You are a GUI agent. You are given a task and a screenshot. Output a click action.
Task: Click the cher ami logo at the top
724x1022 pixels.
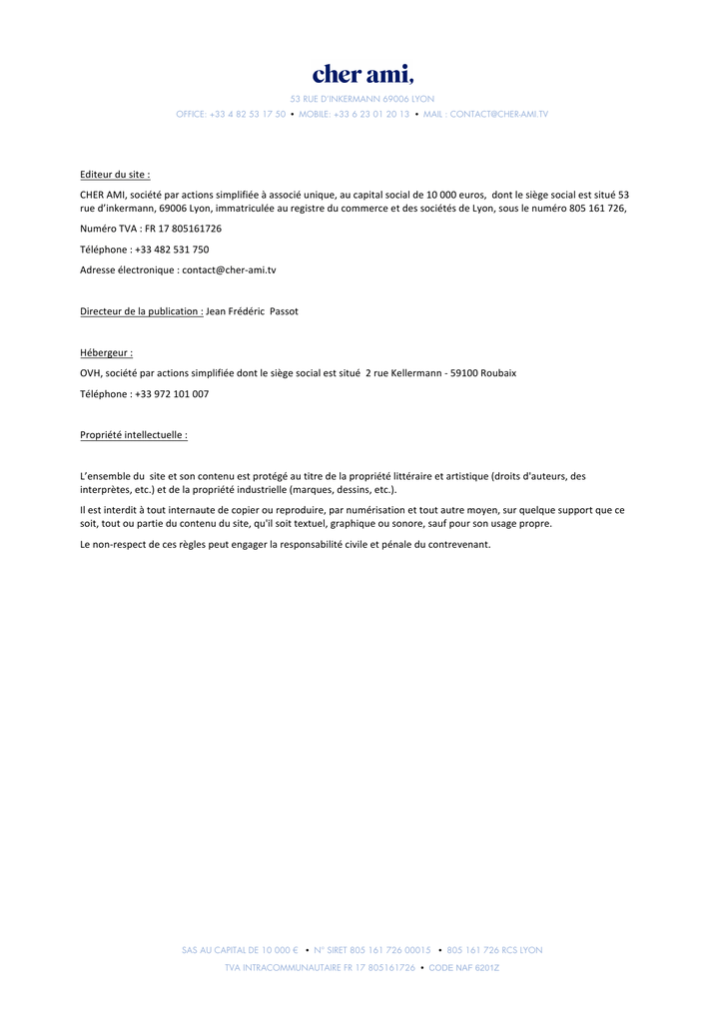pos(362,75)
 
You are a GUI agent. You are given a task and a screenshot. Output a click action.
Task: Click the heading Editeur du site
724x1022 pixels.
pos(115,174)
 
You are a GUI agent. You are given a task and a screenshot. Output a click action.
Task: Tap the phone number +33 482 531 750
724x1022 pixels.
pos(172,250)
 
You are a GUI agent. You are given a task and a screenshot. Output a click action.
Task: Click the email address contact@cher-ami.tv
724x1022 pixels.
pos(229,269)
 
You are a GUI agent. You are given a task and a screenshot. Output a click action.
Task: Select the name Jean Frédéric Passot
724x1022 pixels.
pos(252,311)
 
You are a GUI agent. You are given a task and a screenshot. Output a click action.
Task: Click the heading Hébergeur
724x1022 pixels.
pos(106,352)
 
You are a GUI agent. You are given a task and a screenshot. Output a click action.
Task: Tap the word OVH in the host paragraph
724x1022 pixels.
pos(90,373)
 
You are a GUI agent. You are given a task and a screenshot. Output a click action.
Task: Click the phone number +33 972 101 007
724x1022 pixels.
pos(172,394)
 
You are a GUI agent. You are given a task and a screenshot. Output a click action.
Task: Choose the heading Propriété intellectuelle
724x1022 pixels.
pos(133,435)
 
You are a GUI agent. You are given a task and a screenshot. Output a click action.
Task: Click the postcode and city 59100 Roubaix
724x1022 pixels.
pos(483,373)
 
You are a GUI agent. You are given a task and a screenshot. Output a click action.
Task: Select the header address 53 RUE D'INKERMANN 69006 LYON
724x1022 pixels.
pos(362,99)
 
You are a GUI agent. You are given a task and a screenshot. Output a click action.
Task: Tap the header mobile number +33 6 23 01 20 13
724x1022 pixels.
pos(371,115)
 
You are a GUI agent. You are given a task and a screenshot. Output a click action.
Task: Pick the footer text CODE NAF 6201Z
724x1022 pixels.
pos(464,968)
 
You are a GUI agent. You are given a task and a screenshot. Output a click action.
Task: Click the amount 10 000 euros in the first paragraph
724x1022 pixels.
pos(455,195)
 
